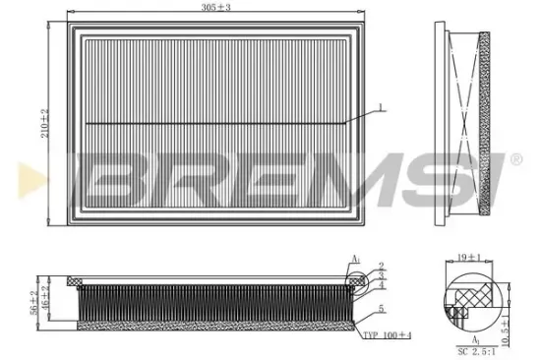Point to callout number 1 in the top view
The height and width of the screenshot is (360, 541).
(x=379, y=105)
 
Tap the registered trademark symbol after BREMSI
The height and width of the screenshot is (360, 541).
(x=514, y=157)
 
